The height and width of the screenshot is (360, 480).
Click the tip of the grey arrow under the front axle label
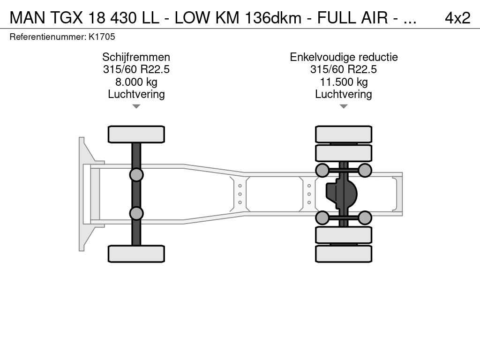(136, 108)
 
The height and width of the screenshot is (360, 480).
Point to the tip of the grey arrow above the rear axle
(344, 108)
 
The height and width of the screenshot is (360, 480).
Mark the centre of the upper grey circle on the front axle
(136, 175)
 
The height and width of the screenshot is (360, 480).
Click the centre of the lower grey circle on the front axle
(136, 213)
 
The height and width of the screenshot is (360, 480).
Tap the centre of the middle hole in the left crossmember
(240, 194)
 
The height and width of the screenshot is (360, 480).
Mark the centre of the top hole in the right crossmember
(309, 186)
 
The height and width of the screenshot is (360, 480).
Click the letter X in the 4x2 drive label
(457, 18)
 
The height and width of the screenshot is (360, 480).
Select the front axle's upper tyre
(136, 135)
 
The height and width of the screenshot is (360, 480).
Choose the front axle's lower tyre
(136, 254)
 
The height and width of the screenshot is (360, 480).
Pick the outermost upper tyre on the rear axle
(344, 135)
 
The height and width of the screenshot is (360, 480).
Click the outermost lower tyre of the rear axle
(344, 254)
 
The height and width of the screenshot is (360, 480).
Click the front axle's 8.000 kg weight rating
(136, 82)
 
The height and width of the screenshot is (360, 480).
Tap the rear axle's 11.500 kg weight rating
(344, 82)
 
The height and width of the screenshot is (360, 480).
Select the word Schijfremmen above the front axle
(136, 57)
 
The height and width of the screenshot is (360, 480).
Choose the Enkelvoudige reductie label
(344, 57)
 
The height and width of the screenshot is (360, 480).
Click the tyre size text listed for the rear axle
(344, 69)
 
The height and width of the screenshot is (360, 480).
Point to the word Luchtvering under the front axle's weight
(136, 94)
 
